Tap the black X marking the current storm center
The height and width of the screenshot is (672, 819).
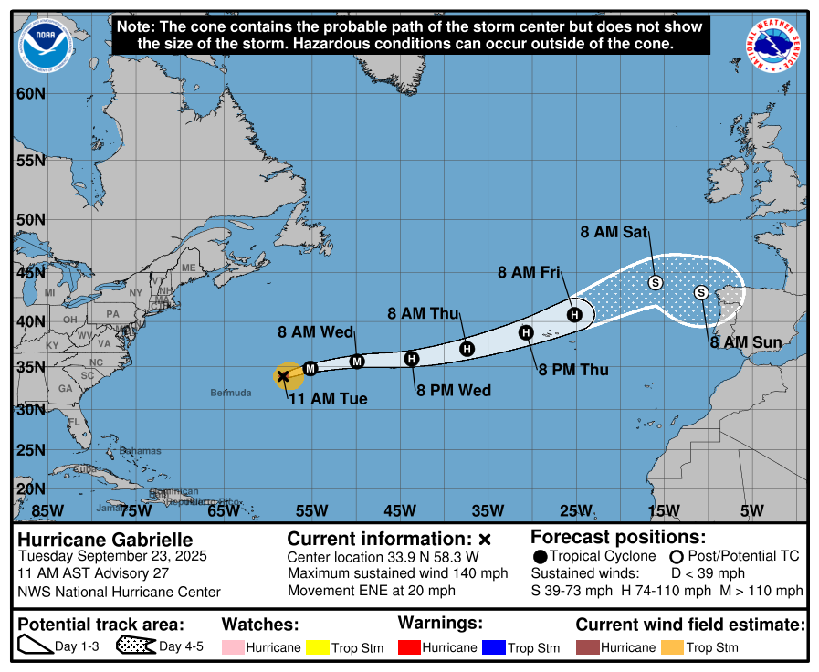click(283, 375)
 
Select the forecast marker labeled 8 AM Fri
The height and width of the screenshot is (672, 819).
click(574, 315)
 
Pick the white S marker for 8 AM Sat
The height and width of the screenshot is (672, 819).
click(656, 282)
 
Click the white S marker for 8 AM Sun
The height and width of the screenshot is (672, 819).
click(701, 292)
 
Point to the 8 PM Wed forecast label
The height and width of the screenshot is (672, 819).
click(454, 391)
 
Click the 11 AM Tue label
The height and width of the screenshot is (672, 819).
click(328, 399)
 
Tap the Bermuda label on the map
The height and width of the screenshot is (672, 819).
click(230, 393)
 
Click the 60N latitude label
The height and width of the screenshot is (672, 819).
click(30, 94)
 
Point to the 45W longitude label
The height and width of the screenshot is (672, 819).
click(399, 510)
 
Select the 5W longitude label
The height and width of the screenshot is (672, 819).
click(751, 510)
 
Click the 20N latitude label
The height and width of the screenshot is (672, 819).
click(30, 488)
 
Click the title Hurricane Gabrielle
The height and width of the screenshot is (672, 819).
click(106, 539)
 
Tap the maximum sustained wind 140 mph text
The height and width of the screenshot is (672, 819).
click(397, 573)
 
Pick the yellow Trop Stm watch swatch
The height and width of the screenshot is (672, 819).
click(317, 647)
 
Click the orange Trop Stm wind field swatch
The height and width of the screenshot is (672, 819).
click(677, 647)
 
